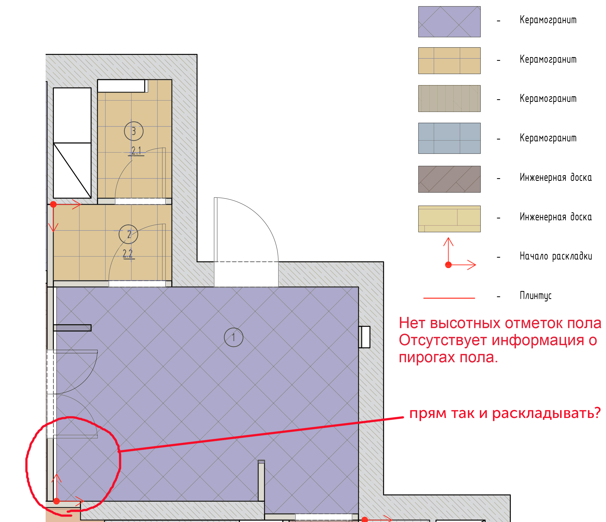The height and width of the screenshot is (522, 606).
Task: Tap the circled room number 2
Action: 128,234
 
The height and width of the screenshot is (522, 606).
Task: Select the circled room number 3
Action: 134,131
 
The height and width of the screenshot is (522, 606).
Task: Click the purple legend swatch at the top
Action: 449,22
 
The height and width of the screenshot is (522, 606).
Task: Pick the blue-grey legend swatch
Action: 449,138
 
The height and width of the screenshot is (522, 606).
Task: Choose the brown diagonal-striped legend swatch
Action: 449,179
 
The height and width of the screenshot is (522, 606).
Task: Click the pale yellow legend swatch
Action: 449,219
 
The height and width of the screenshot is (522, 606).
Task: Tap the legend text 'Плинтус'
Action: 535,296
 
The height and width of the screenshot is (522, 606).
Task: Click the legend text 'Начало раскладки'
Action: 556,256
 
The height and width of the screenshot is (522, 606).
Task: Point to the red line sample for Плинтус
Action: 449,298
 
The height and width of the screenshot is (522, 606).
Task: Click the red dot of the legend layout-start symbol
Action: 448,265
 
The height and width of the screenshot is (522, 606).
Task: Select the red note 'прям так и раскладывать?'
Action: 505,413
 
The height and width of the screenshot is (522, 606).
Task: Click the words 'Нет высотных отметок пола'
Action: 500,323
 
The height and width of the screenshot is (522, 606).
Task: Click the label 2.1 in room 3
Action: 136,150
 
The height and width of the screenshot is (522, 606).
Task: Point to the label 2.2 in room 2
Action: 128,253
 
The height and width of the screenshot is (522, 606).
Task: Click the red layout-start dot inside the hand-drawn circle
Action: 57,501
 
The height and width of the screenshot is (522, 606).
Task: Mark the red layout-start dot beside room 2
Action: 53,204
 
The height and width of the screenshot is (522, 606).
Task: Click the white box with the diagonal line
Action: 72,170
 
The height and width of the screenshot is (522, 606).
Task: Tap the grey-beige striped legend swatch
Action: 449,98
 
